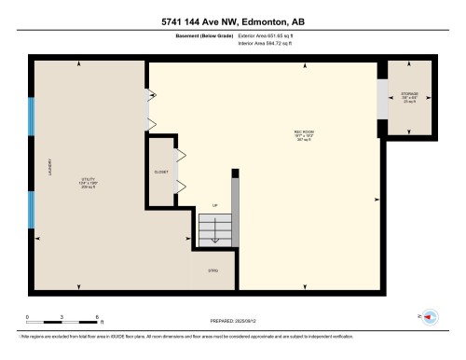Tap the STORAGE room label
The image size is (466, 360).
click(x=410, y=95)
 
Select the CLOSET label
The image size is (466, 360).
click(x=161, y=173)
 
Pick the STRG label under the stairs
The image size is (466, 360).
click(x=212, y=270)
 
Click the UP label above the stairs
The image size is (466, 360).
click(x=215, y=206)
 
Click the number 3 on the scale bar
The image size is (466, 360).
click(x=62, y=318)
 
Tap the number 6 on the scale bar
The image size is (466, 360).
click(x=96, y=318)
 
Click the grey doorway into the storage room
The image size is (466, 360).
click(x=381, y=101)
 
